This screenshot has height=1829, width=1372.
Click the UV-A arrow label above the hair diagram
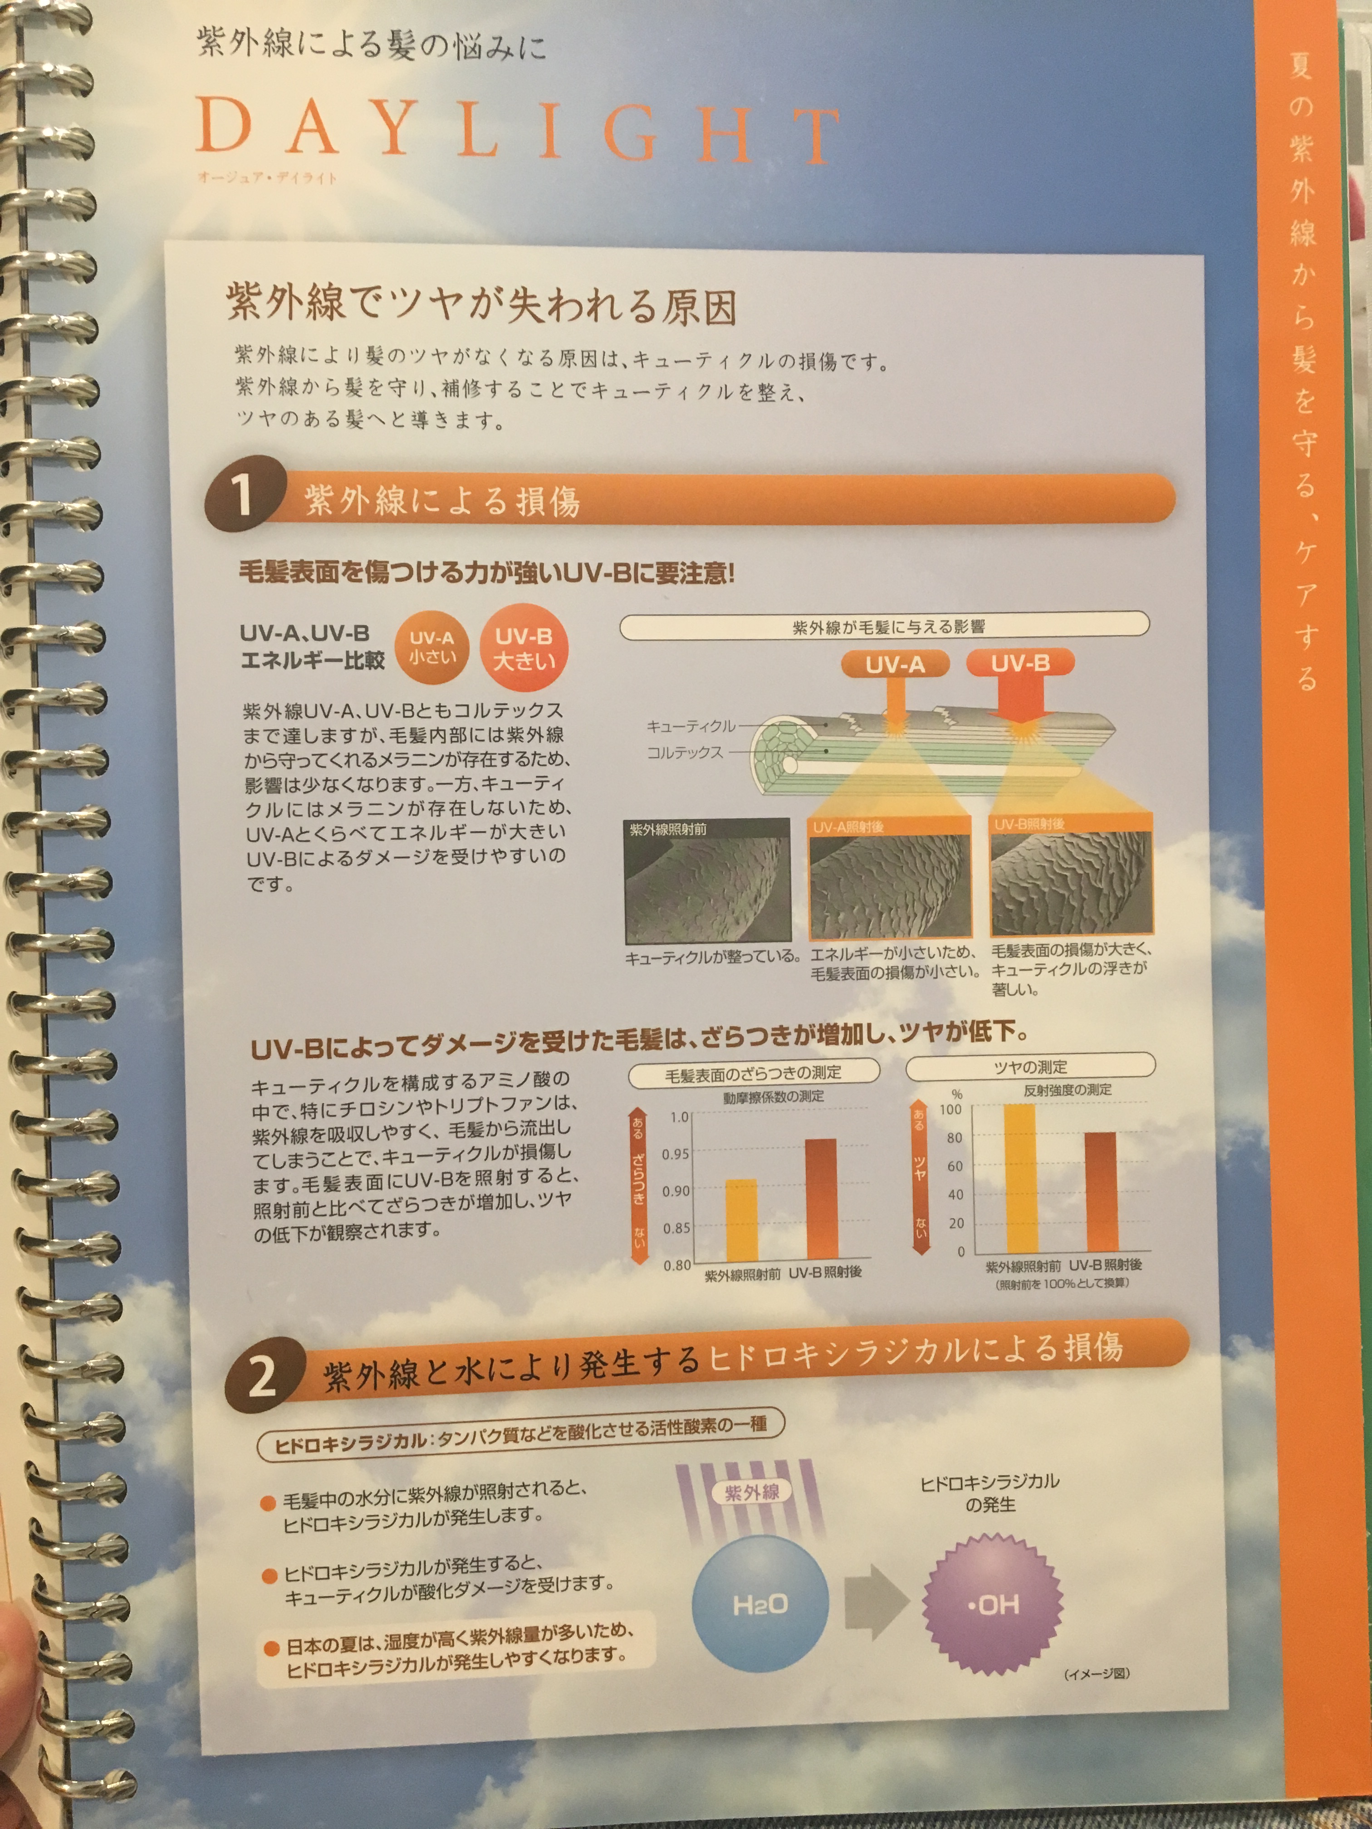click(x=895, y=664)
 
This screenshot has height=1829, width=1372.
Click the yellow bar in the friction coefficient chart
click(x=741, y=1221)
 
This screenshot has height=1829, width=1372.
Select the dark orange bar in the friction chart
click(x=821, y=1201)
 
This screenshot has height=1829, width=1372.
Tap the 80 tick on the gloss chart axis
click(x=954, y=1138)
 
